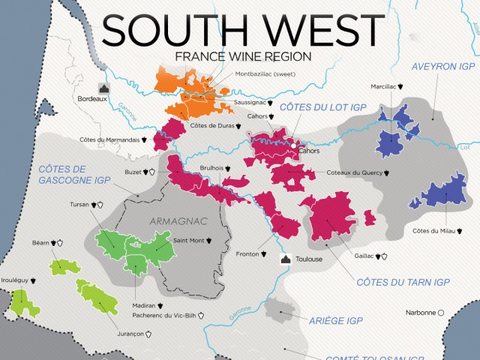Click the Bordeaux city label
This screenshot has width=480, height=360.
coord(89,98)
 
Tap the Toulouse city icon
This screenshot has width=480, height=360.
coord(286,259)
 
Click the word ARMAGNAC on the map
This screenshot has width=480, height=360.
coord(177,222)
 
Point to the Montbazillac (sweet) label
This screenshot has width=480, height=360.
coord(265,74)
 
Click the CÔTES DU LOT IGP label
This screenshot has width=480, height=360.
coord(322,108)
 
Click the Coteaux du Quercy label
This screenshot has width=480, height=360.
coord(353,172)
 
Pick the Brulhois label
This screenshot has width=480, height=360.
coord(213,169)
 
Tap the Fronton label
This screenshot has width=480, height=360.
coord(247,253)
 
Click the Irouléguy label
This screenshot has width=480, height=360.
coord(16,280)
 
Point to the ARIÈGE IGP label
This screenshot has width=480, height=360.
coord(336,320)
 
